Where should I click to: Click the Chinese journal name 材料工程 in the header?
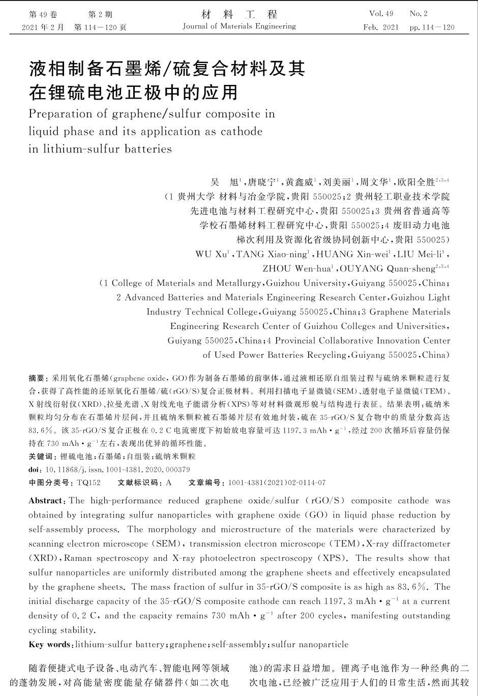pyautogui.click(x=239, y=14)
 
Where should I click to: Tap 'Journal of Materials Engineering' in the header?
pyautogui.click(x=239, y=26)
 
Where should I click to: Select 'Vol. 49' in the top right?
pyautogui.click(x=381, y=14)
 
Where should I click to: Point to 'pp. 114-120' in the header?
pyautogui.click(x=432, y=27)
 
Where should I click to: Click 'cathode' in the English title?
pyautogui.click(x=242, y=131)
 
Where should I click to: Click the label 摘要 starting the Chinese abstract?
pyautogui.click(x=37, y=378)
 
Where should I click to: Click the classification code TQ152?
pyautogui.click(x=88, y=482)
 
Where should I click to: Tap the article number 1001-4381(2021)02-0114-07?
pyautogui.click(x=277, y=482)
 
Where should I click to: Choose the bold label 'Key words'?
pyautogui.click(x=50, y=645)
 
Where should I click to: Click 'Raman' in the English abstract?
pyautogui.click(x=78, y=558)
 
